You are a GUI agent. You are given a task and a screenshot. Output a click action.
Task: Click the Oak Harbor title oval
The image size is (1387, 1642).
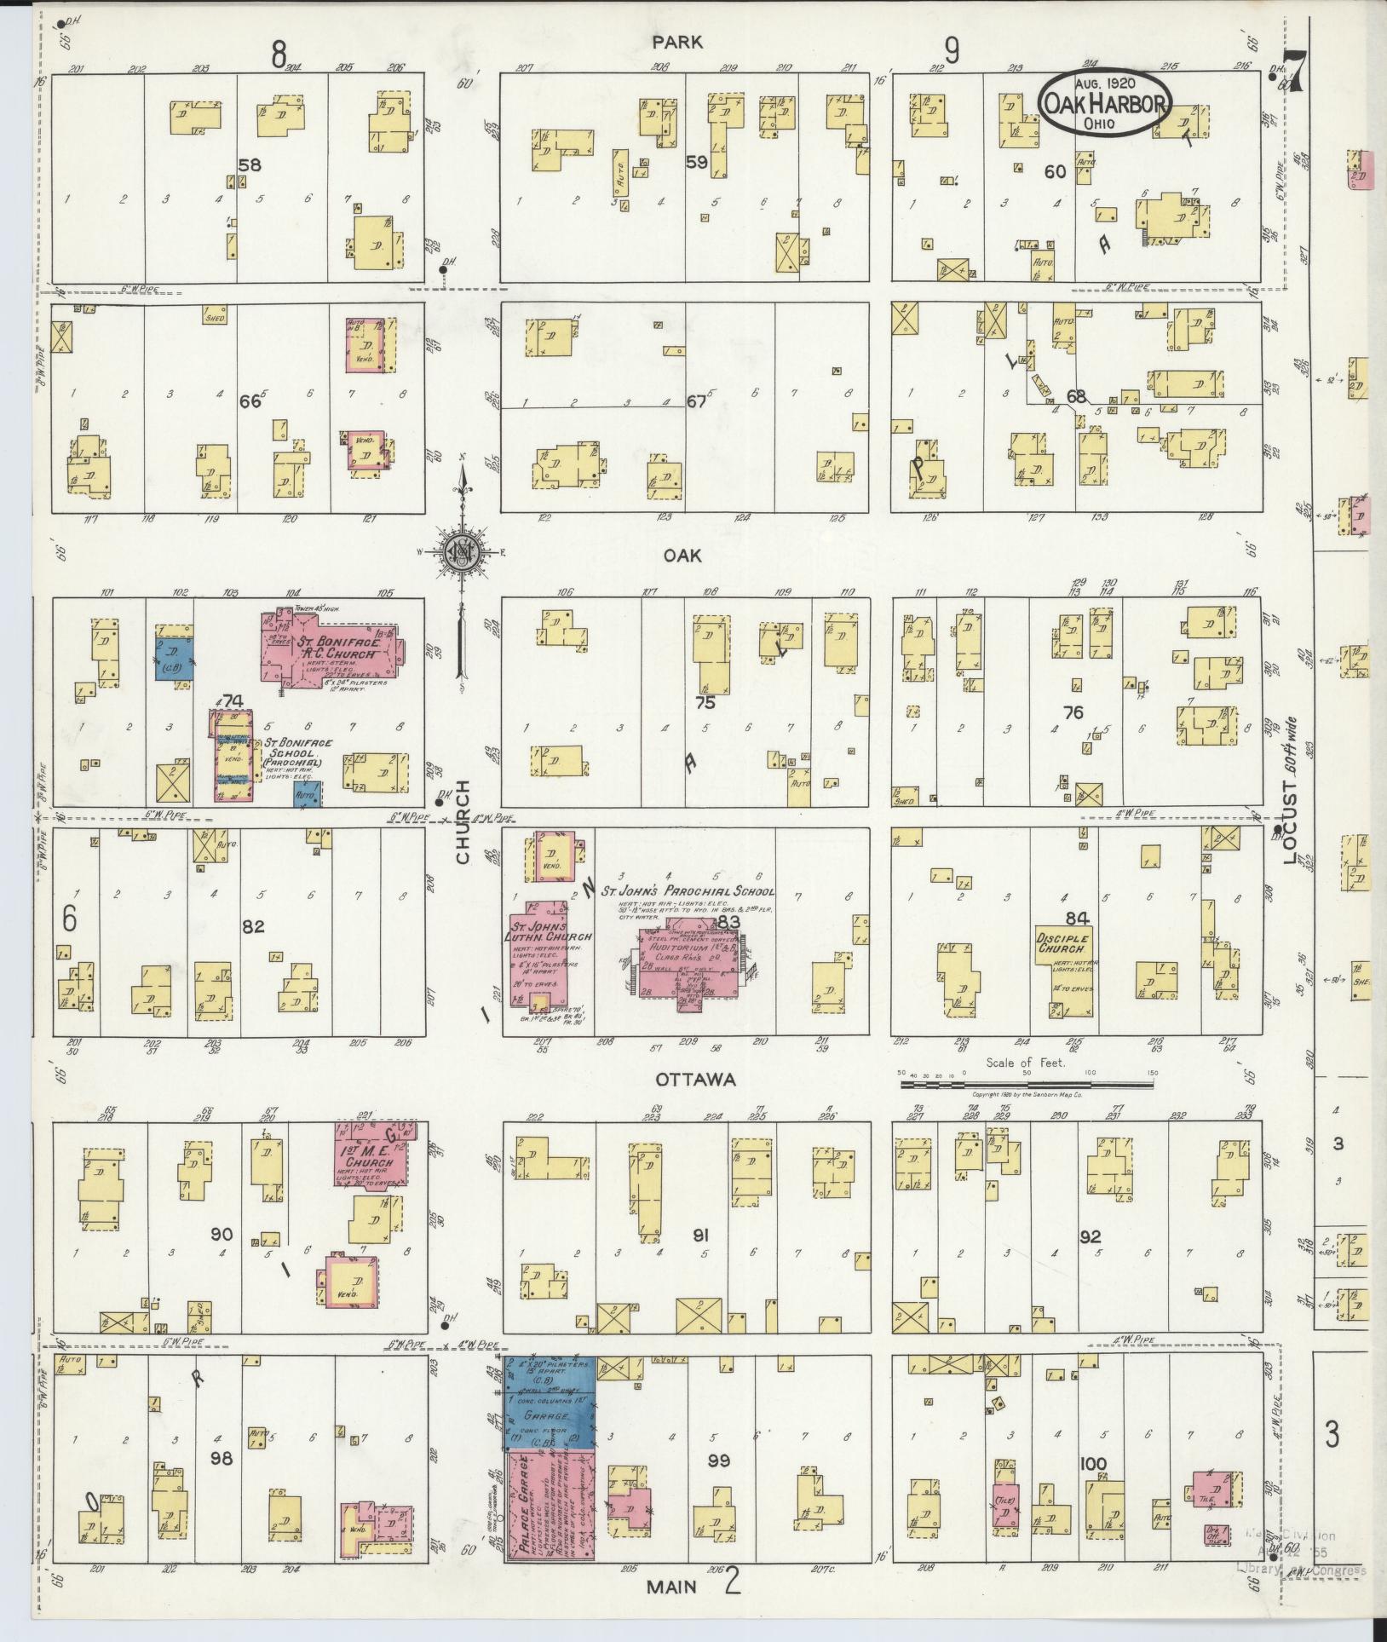coord(1104,101)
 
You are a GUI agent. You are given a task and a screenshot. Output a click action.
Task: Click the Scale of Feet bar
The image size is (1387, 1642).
coord(1027,1084)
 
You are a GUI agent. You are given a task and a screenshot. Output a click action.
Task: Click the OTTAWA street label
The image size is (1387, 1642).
coord(695,1080)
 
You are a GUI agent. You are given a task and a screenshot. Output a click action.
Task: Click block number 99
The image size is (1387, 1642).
coord(719,1461)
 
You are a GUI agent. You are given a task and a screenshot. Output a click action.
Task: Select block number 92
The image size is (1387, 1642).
coord(1090,1236)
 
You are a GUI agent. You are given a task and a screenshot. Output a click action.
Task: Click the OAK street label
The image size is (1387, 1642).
coord(682,555)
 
